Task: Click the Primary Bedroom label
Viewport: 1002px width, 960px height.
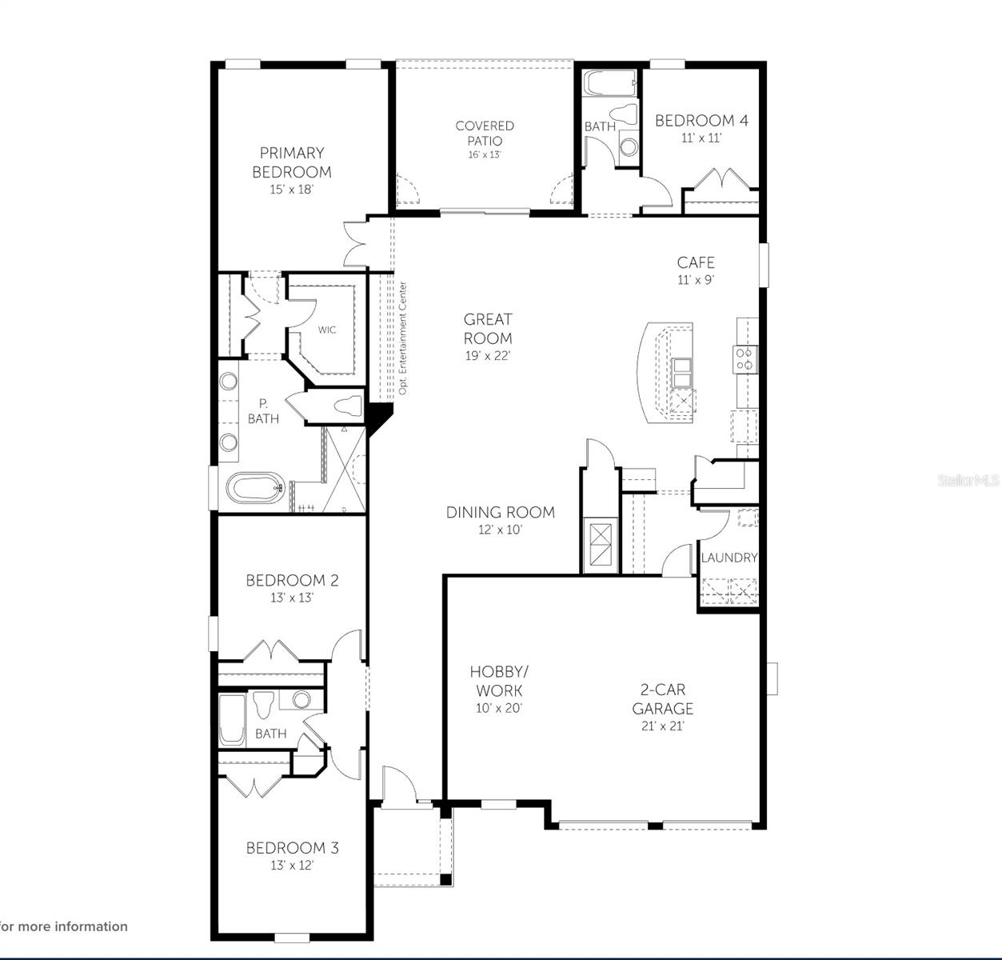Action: click(x=291, y=162)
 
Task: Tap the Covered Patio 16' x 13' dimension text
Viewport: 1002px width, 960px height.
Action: click(x=484, y=154)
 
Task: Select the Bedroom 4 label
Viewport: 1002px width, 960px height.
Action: click(x=701, y=121)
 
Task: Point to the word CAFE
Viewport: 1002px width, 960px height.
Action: click(x=696, y=262)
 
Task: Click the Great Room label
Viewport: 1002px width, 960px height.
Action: click(x=488, y=329)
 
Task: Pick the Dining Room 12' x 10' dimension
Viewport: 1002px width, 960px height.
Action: click(x=500, y=530)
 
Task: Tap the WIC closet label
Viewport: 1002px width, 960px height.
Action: click(x=327, y=330)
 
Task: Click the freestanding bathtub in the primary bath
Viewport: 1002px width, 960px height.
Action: click(x=255, y=487)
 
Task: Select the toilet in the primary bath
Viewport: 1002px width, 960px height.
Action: click(x=349, y=406)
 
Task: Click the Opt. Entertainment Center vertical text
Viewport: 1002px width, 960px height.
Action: click(x=403, y=338)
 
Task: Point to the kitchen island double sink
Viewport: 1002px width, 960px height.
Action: click(x=682, y=372)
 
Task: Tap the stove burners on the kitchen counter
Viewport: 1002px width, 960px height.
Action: click(x=745, y=359)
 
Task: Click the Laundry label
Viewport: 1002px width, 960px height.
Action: click(x=729, y=558)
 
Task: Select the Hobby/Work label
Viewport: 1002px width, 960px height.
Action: click(x=499, y=681)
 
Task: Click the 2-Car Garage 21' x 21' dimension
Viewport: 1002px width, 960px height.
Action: click(x=663, y=726)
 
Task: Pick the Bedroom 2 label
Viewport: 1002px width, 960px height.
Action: click(x=292, y=581)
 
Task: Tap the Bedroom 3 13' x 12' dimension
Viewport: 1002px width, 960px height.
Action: click(x=292, y=866)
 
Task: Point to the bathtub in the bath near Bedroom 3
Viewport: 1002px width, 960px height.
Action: click(x=232, y=719)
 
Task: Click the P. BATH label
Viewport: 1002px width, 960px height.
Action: click(x=263, y=411)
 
